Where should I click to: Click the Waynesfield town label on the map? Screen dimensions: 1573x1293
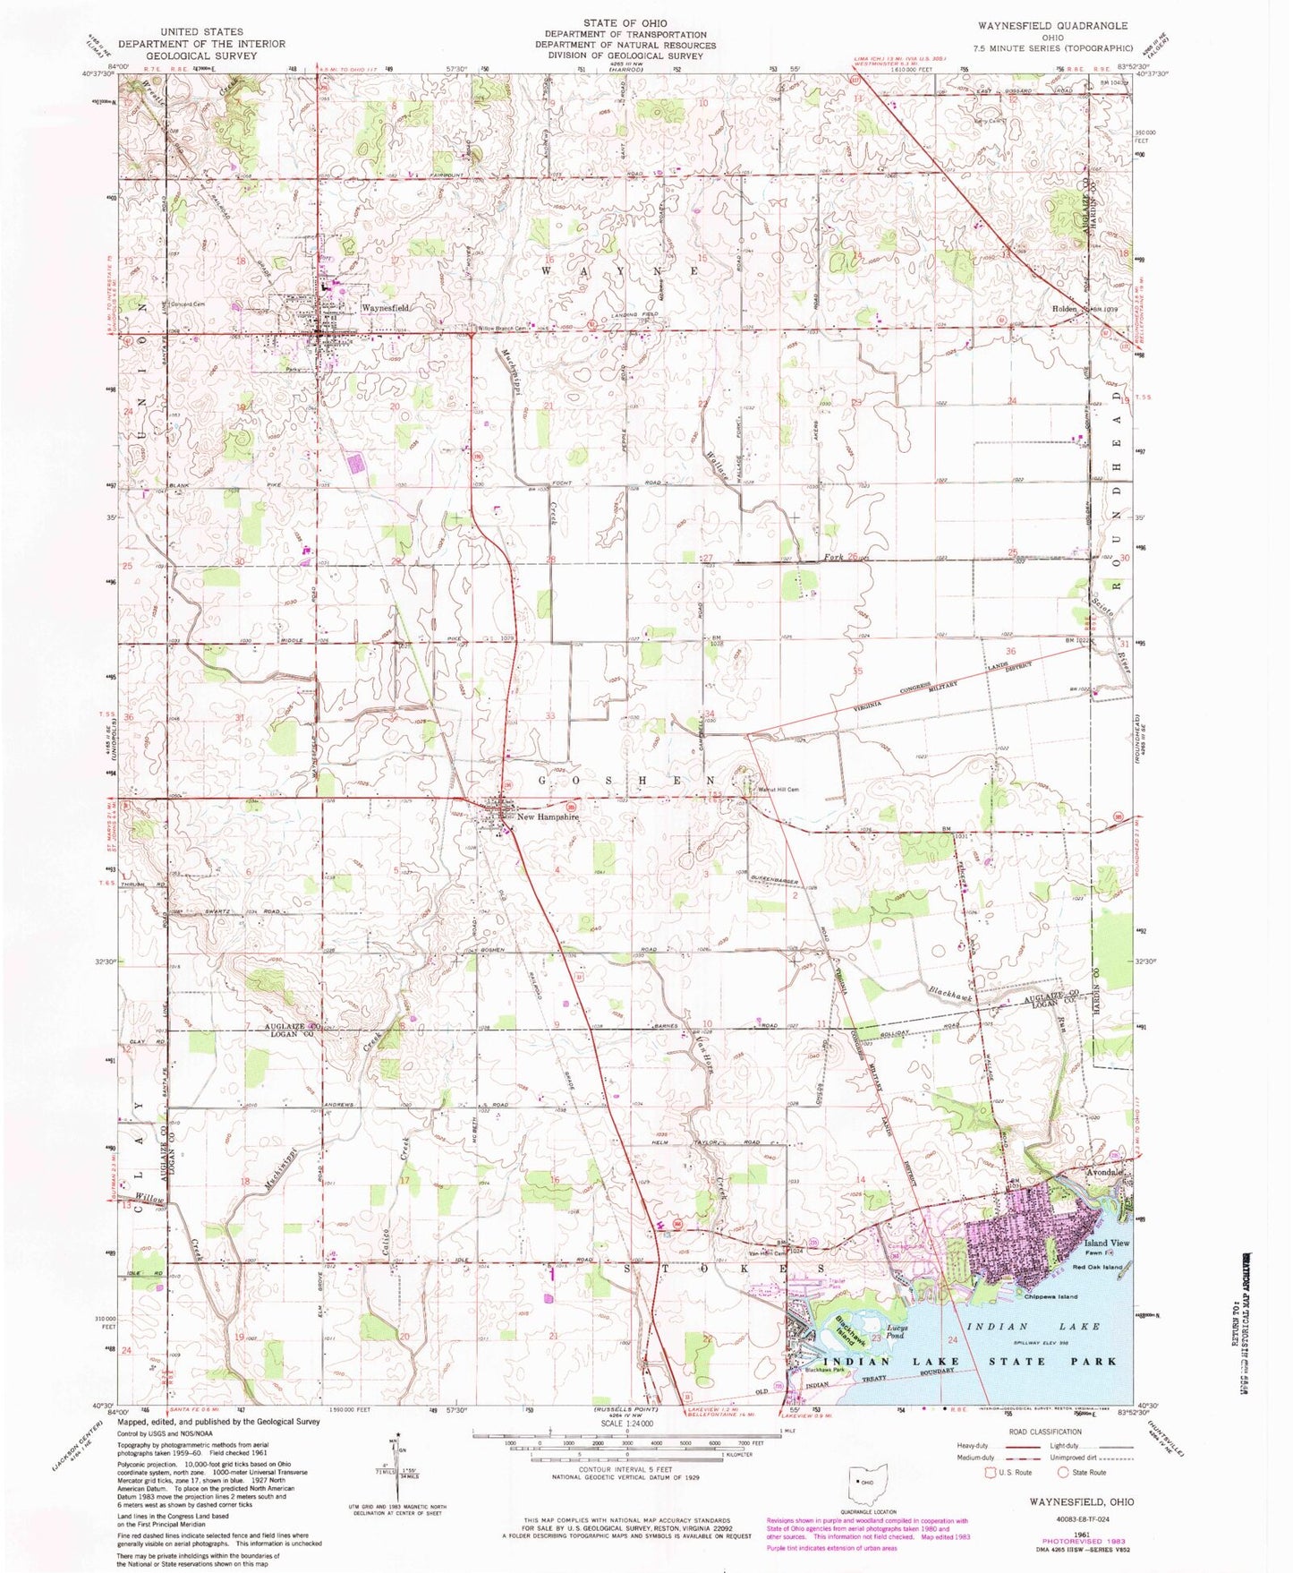[385, 307]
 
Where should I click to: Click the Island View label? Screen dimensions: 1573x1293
[1107, 1243]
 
